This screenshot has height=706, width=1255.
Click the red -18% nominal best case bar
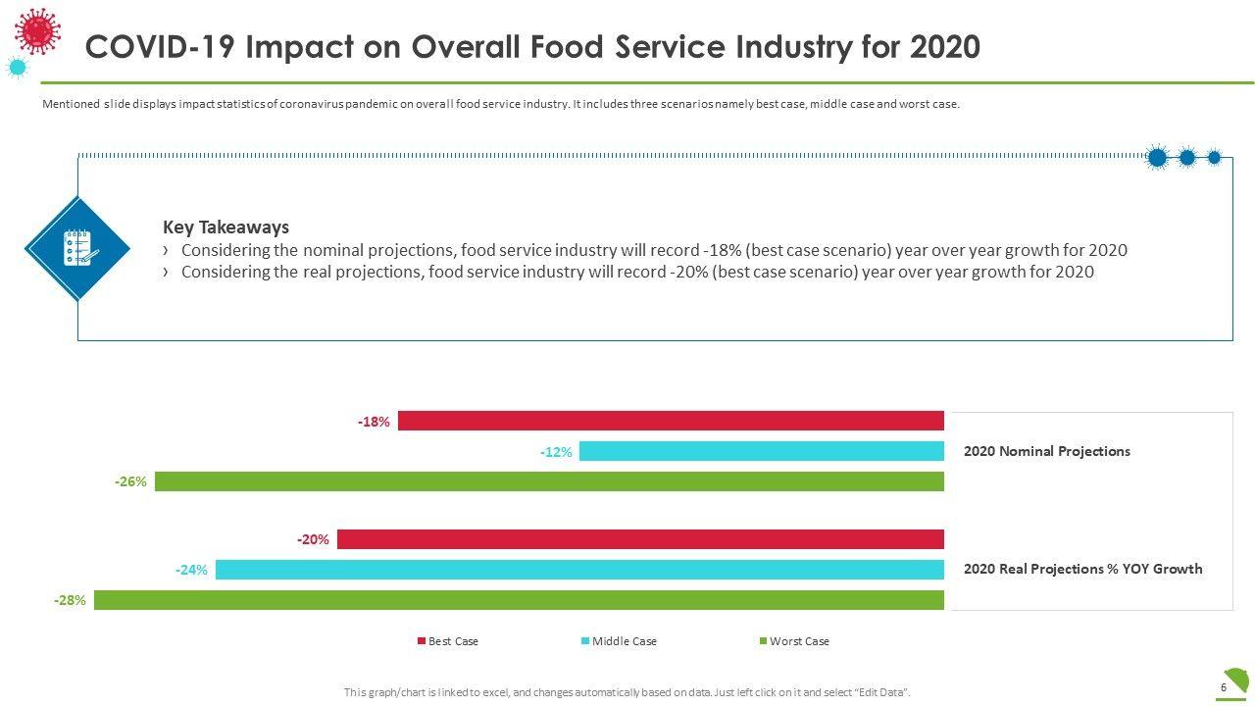[x=671, y=421]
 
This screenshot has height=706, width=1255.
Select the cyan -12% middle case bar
[x=761, y=451]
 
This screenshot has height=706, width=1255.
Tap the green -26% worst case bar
[x=549, y=481]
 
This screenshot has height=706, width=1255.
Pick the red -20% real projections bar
[x=640, y=539]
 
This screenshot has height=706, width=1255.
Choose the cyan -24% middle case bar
[x=579, y=570]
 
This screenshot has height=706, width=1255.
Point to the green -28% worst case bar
[x=519, y=600]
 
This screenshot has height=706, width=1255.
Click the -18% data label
[x=374, y=422]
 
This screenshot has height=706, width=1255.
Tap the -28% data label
[x=70, y=600]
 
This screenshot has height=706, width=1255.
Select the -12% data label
[x=556, y=452]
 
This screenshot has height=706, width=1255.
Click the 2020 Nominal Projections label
[x=1046, y=451]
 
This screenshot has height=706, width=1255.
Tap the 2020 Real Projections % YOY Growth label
[x=1082, y=569]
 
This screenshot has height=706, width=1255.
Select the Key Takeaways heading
[x=226, y=227]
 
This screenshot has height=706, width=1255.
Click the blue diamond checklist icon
[x=77, y=248]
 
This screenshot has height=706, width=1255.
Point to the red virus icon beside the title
[x=38, y=30]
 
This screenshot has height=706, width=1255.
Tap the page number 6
[x=1224, y=687]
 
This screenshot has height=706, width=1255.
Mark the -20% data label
[x=313, y=540]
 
